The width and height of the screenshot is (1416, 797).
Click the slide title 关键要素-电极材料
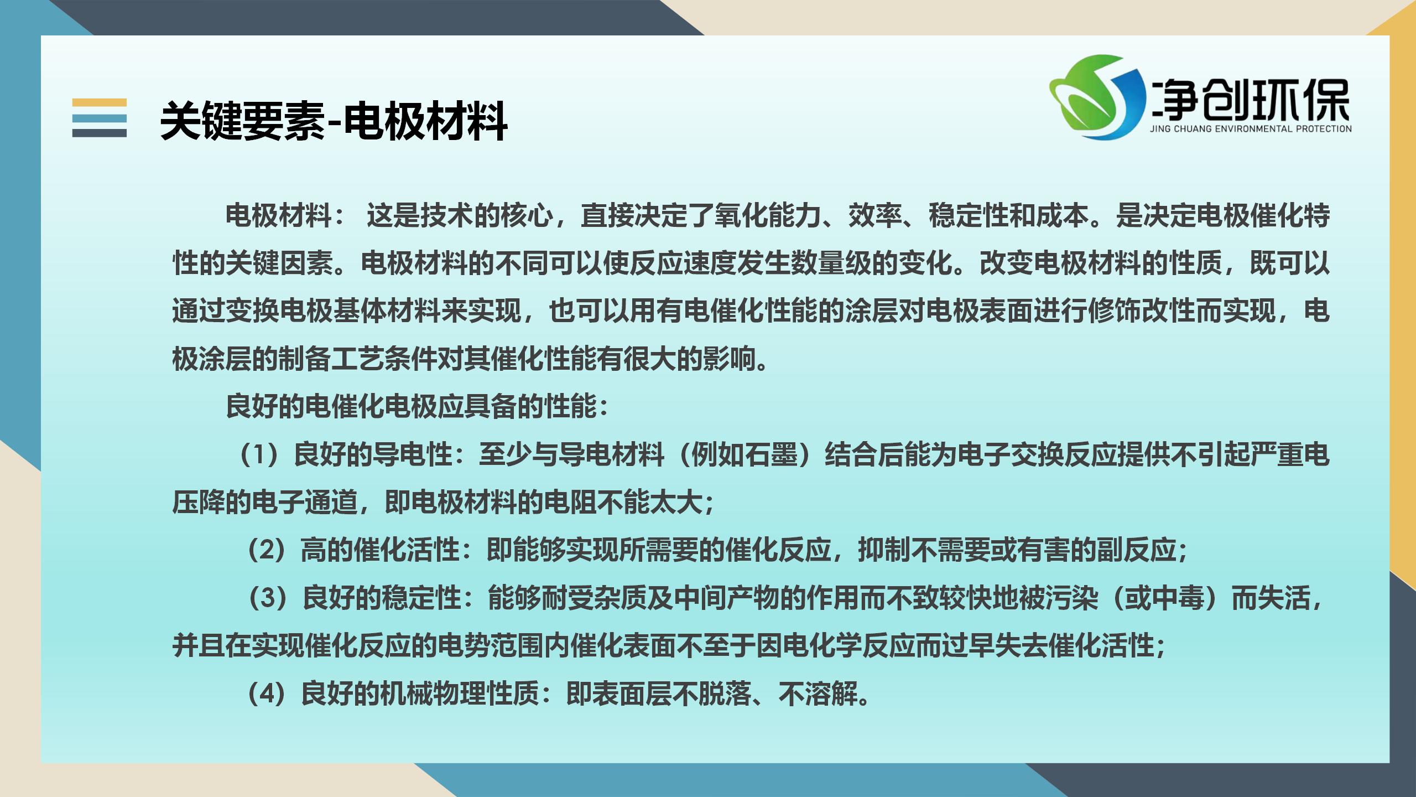click(334, 121)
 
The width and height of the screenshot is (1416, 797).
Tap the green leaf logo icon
click(1098, 96)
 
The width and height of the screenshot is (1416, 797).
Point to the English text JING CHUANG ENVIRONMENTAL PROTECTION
click(1251, 129)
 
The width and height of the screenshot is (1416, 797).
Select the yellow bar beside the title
click(100, 102)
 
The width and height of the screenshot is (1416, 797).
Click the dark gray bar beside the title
click(100, 133)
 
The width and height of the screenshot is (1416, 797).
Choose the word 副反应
click(1137, 550)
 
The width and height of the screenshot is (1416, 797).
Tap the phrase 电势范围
click(490, 645)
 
